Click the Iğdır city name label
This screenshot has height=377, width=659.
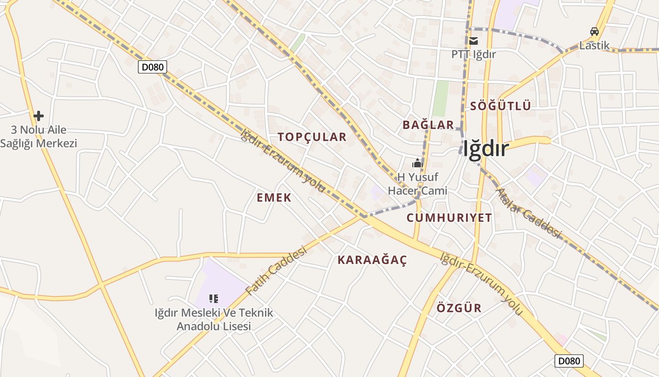point(486,149)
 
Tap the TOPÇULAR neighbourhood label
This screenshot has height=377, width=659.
point(312,137)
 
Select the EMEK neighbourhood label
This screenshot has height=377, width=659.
point(274,197)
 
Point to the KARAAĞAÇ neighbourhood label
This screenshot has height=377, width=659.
point(372,260)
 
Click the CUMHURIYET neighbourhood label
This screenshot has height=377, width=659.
point(449,218)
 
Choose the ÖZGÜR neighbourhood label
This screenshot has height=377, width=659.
point(459,308)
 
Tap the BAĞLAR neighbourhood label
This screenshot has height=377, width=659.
point(428,125)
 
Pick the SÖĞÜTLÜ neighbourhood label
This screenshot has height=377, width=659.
point(500,106)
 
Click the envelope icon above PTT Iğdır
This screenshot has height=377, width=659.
point(474,41)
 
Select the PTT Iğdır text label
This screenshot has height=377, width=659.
point(474,54)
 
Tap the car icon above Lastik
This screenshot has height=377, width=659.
point(595,32)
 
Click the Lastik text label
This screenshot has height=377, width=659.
point(595,46)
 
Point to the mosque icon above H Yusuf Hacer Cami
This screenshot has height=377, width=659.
point(417,164)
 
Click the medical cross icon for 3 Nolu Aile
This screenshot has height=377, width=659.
point(39,115)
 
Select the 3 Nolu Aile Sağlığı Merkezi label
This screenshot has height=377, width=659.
point(39,137)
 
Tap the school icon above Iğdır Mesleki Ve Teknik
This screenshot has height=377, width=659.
point(214,298)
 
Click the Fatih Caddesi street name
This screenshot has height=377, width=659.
point(276,270)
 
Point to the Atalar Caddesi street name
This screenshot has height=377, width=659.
point(529,213)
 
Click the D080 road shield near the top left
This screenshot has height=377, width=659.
point(153,67)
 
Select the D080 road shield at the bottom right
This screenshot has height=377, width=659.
point(569,361)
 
